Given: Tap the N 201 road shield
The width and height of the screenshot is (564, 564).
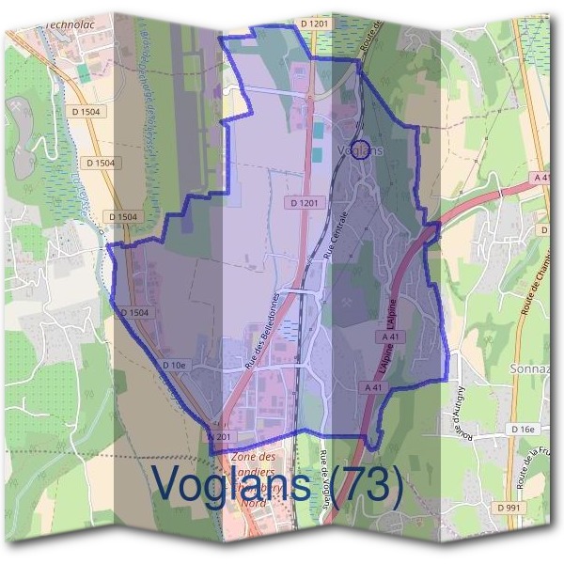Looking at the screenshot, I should tap(218, 436).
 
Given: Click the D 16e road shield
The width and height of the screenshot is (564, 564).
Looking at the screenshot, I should tap(524, 429).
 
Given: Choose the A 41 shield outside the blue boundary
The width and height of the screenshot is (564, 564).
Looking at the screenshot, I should tap(540, 177).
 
